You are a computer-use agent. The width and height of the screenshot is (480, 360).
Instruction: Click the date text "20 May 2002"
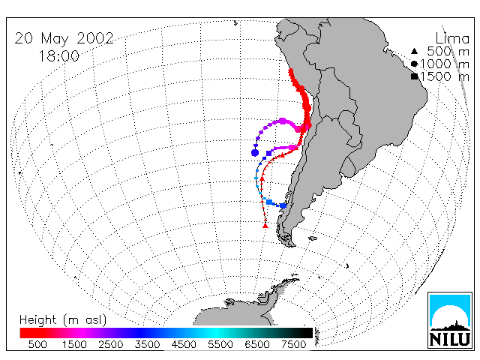64,39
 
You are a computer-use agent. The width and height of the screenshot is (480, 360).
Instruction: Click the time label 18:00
58,56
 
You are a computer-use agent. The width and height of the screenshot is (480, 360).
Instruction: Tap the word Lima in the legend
452,39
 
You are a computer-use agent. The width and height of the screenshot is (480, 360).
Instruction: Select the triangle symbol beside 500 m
414,51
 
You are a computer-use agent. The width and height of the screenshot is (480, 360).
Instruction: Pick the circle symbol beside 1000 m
414,64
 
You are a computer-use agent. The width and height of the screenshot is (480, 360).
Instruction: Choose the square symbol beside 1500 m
415,76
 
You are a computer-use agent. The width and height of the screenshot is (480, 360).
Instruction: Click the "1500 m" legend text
445,76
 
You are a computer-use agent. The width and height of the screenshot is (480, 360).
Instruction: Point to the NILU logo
450,320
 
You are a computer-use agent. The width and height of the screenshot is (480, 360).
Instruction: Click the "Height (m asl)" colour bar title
63,319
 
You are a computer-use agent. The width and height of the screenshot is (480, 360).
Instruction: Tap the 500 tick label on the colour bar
37,345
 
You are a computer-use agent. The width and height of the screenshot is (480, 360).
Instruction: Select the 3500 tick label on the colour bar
147,345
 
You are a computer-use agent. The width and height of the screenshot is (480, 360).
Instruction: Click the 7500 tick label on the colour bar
293,345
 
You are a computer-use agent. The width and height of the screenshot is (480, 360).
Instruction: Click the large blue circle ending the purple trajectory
255,152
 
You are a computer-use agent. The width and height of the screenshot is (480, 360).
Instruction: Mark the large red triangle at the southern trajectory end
265,226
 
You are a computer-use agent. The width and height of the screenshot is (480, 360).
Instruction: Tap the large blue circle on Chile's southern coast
283,205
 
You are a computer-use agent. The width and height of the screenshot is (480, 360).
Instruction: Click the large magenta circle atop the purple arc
283,121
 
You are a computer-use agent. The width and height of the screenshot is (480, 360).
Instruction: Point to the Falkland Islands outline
313,238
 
